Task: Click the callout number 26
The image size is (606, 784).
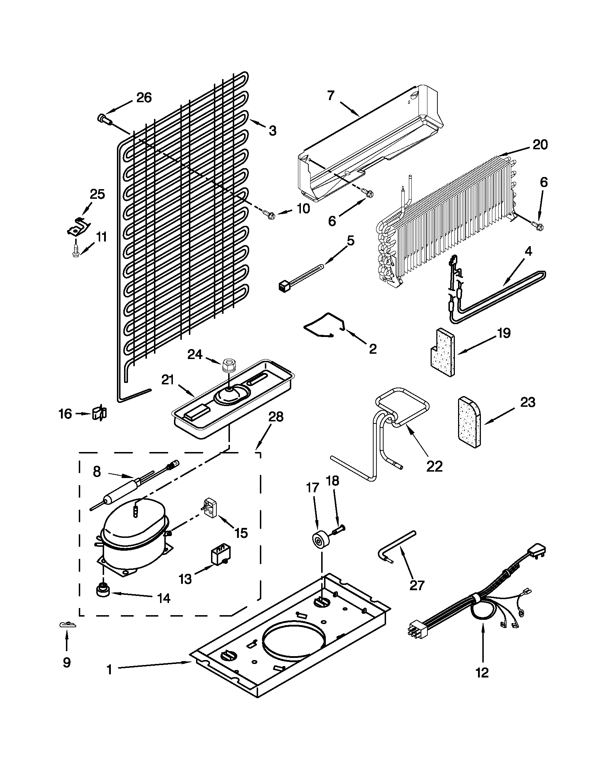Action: pyautogui.click(x=144, y=98)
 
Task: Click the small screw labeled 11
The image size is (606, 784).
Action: pyautogui.click(x=76, y=250)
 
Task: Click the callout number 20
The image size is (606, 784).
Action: pyautogui.click(x=540, y=145)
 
